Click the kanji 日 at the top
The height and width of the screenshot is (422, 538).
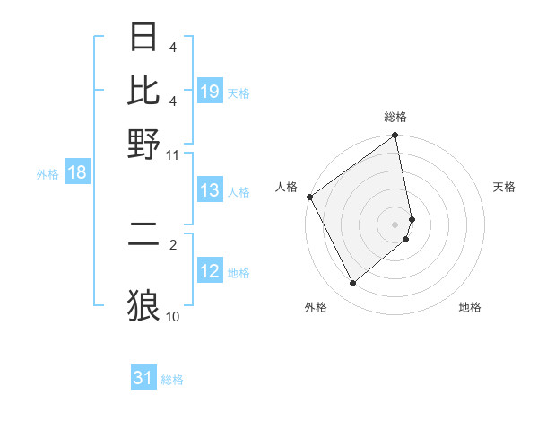pos(144,39)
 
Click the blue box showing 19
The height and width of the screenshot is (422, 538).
pos(210,92)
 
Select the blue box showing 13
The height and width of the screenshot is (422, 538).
pos(210,190)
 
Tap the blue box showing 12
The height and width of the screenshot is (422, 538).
pos(210,271)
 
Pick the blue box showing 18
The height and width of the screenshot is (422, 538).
pos(77,173)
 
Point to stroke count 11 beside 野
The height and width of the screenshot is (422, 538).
pos(173,154)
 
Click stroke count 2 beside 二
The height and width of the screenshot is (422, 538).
pos(173,242)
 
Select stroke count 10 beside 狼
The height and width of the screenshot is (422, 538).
pos(173,316)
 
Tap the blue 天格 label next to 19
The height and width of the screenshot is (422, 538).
pos(239,92)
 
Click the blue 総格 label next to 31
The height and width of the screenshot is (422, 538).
pos(172,380)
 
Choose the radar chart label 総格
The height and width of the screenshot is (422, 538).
pos(395,117)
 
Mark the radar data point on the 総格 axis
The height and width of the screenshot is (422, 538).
pos(395,136)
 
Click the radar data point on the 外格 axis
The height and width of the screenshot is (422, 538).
pos(352,284)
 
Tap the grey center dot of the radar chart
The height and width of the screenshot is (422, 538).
pos(395,224)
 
